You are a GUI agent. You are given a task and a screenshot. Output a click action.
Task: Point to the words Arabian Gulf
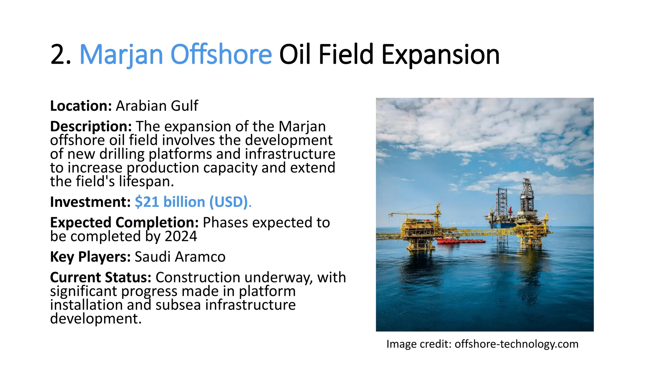click(x=157, y=106)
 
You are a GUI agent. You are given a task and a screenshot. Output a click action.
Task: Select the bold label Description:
click(x=91, y=126)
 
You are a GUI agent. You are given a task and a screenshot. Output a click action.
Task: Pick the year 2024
click(x=181, y=237)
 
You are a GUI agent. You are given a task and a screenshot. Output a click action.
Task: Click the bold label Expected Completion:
click(x=124, y=223)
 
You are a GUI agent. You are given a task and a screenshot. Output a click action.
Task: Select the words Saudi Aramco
click(x=180, y=257)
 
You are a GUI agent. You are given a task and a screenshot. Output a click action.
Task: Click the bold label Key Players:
click(x=90, y=257)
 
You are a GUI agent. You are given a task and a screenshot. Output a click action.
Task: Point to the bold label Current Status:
click(x=100, y=278)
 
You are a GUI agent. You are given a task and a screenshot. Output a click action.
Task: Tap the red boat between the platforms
click(x=460, y=240)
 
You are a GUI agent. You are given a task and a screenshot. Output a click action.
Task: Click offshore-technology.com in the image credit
click(x=516, y=344)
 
